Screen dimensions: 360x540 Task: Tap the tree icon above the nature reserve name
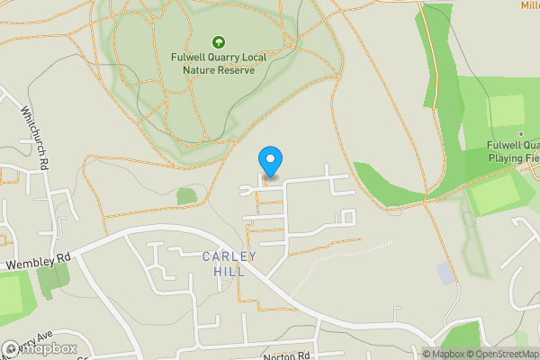click(217, 41)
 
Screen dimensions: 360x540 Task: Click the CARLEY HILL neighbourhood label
click(229, 264)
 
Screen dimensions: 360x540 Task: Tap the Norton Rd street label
click(286, 356)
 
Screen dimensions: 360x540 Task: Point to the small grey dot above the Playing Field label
click(519, 133)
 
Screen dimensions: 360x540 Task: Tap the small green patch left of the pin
click(186, 195)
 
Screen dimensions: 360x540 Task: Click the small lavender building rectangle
click(445, 273)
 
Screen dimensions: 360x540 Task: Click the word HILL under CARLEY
click(229, 271)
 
